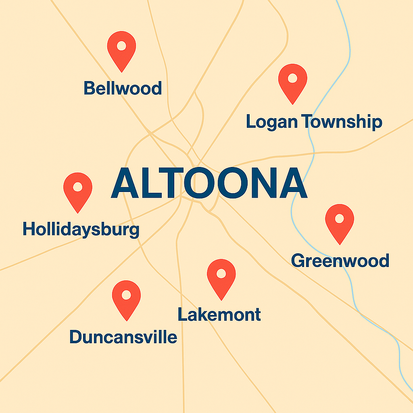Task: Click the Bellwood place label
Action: [123, 88]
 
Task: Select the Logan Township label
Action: [314, 121]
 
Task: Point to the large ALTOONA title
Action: [209, 184]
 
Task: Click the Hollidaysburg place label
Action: [81, 230]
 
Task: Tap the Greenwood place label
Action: [340, 261]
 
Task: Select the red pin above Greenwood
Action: [340, 222]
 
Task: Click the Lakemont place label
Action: [219, 314]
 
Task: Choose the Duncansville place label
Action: [123, 337]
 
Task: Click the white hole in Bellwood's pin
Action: [121, 45]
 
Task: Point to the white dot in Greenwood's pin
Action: [340, 218]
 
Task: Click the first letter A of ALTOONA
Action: [127, 184]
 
